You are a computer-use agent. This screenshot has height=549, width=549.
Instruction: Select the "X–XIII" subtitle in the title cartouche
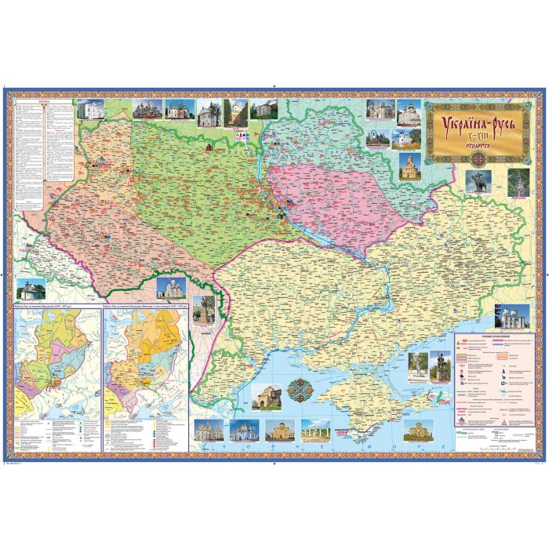point(476,136)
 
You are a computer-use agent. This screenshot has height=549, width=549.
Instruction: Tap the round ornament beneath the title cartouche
point(476,155)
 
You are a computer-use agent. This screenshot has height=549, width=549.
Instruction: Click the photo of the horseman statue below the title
point(480,180)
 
